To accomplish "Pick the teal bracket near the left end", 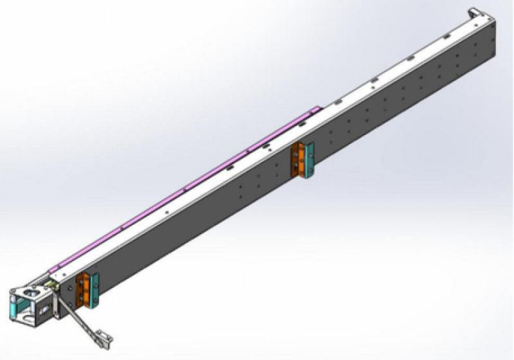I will [x=95, y=291].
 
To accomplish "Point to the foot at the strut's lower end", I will [x=102, y=336].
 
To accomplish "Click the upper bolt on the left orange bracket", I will [x=81, y=282].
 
